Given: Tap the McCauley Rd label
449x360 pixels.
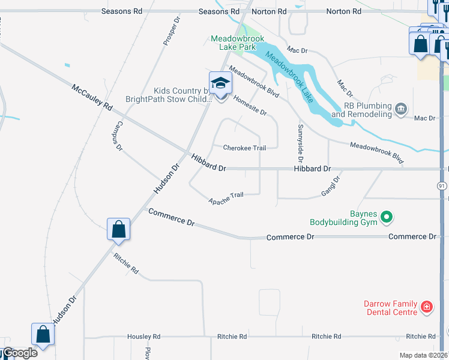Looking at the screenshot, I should pos(92,97).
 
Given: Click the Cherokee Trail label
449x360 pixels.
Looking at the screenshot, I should pos(244,148).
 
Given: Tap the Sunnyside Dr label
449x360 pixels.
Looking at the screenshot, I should pos(300,137).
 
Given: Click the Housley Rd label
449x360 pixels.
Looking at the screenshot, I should pos(143,337).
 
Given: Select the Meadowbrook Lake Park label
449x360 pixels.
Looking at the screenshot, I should pos(237,43).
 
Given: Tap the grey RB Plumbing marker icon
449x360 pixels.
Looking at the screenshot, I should pos(401,109).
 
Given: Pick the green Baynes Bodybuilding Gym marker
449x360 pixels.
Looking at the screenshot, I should pos(387,217).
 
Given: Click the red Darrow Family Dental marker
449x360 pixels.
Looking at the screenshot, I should pos(427,307).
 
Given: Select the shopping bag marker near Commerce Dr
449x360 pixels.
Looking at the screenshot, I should pos(119,229).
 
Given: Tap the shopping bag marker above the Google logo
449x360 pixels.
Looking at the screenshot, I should pos(43,334).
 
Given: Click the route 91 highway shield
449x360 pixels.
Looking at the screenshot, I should pos(442,186).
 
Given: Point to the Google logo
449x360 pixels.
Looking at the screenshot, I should pos(19,353).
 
